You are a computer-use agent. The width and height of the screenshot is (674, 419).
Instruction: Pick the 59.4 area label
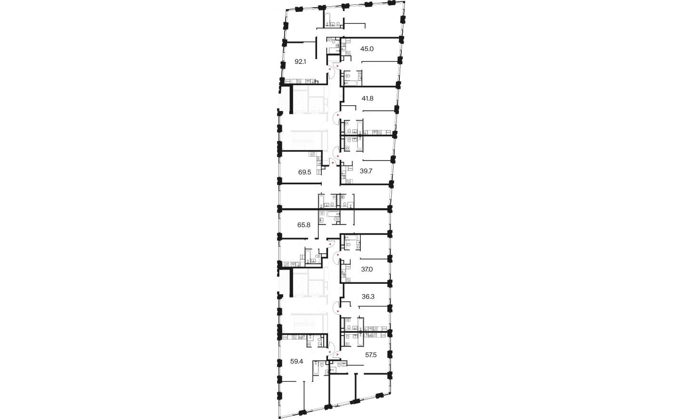(x=296, y=361)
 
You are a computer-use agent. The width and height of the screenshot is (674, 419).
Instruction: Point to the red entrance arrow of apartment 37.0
(x=337, y=255)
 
